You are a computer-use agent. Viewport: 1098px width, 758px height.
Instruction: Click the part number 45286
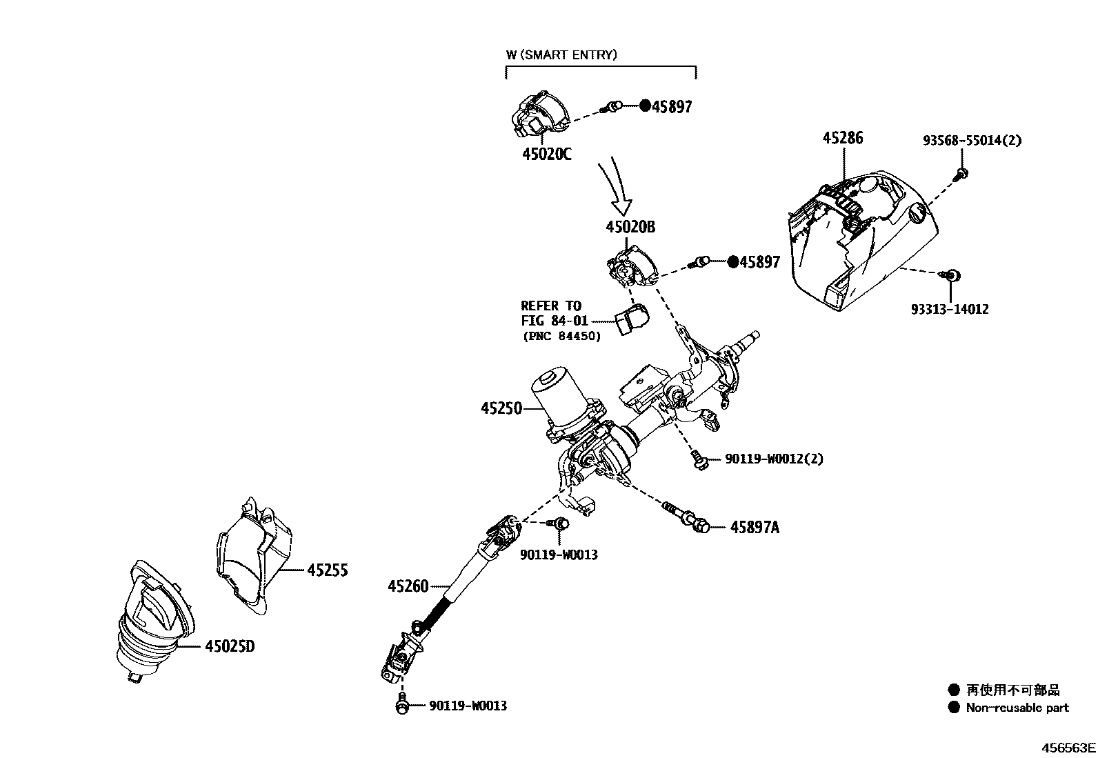[842, 138]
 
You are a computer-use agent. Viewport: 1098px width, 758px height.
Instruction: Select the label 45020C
[546, 154]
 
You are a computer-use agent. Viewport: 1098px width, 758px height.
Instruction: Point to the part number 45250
[501, 408]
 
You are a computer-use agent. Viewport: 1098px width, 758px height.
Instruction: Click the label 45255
[327, 570]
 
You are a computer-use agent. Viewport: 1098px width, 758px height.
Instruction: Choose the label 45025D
[229, 646]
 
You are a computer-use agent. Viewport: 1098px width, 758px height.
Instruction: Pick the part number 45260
[408, 586]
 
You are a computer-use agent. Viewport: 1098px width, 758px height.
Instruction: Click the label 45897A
[755, 528]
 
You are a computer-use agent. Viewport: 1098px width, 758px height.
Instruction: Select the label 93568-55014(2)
[972, 140]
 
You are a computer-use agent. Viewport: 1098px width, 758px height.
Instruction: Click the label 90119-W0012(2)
[774, 459]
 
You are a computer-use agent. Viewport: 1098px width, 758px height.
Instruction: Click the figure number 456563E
[1068, 748]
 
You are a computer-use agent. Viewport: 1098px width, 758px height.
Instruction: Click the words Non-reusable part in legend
[1017, 708]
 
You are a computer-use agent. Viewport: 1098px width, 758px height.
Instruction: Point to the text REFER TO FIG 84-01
[551, 313]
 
